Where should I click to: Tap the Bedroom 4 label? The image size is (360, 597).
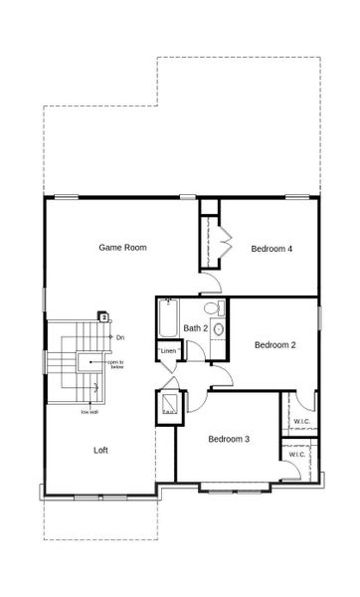271,249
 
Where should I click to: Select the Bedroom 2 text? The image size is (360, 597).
274,345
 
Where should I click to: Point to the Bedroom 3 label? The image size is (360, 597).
228,439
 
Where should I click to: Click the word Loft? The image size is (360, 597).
100,450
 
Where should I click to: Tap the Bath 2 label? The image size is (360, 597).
195,328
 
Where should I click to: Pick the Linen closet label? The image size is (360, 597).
169,351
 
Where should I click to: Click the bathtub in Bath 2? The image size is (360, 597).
166,320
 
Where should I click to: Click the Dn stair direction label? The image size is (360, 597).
119,339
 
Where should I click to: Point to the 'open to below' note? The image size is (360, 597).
116,365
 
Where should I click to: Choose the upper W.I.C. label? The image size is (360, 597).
302,421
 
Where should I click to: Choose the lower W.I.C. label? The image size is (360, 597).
296,455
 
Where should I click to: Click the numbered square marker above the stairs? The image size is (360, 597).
102,317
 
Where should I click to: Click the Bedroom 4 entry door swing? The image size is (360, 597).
212,286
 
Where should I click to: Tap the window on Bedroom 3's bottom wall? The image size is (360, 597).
235,487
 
